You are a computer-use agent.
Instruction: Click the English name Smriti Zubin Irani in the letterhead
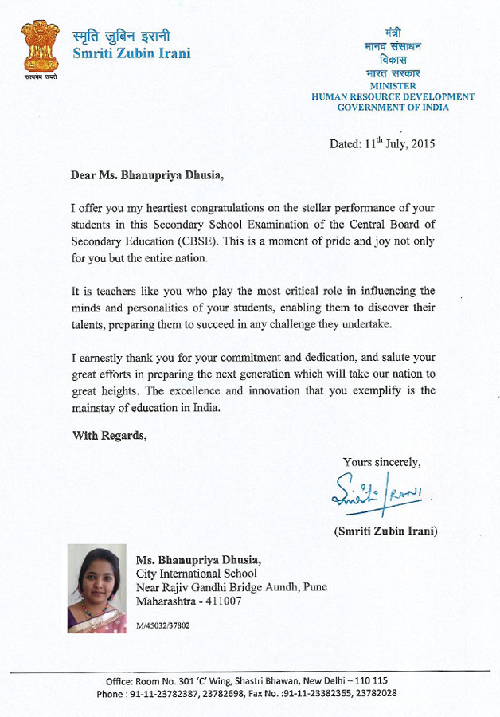(131, 54)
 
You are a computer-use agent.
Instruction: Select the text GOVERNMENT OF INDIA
(393, 108)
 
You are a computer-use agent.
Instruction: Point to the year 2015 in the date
(422, 145)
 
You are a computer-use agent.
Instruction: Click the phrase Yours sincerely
(381, 462)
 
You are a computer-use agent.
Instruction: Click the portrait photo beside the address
(96, 588)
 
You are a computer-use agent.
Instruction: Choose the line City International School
(197, 573)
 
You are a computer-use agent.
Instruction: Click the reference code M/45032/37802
(162, 626)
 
